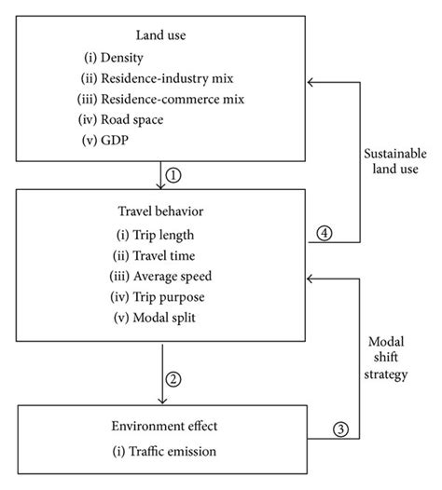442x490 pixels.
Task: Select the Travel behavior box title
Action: point(162,211)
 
